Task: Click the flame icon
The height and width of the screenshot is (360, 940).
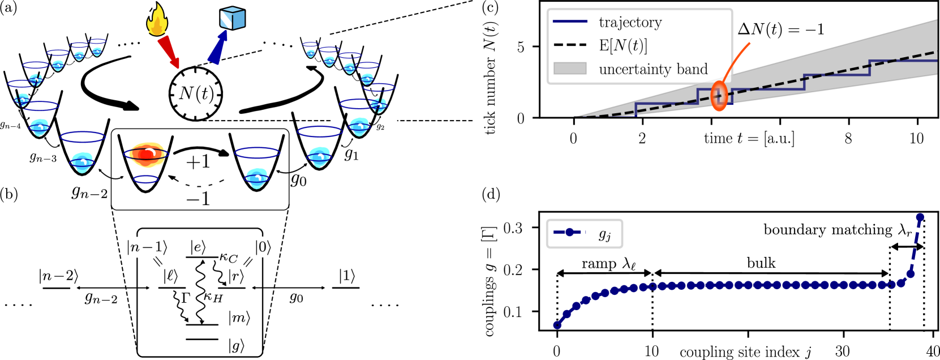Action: coord(157,21)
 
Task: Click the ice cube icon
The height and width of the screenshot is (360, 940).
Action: coord(232,18)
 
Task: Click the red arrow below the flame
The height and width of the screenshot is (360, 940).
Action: coord(169,53)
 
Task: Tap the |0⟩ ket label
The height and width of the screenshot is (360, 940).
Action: coord(263,247)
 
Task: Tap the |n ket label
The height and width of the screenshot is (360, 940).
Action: coord(135,247)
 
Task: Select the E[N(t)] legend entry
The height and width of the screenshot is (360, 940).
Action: coord(623,45)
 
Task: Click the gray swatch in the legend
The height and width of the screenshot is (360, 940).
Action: coord(570,68)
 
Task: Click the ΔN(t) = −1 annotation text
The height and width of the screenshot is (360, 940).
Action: coord(781,29)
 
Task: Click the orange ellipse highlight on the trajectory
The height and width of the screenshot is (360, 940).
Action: coord(719,96)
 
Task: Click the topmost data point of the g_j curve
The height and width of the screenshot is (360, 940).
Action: coord(920,217)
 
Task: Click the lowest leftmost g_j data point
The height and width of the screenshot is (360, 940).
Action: coord(557,325)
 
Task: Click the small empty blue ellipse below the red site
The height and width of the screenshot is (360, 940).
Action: coord(146,179)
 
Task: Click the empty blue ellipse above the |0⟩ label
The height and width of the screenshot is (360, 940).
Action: coord(257,153)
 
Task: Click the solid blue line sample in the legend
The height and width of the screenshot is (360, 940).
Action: coord(570,22)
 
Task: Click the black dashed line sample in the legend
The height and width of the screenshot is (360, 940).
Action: coord(570,45)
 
